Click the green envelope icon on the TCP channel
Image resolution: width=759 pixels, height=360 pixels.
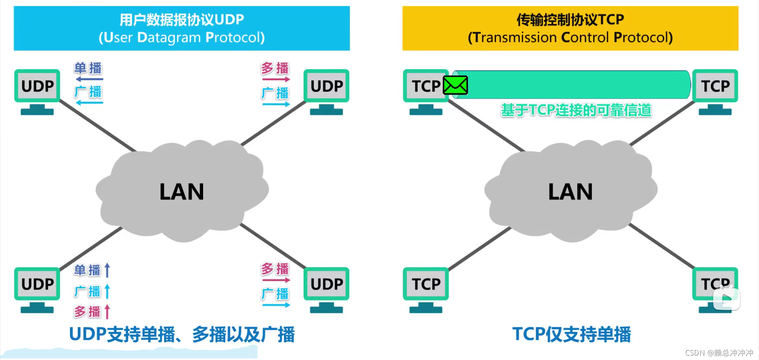tap(455, 85)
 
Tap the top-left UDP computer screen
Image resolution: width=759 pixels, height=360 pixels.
tap(37, 86)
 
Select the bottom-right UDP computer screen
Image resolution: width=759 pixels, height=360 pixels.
tap(327, 284)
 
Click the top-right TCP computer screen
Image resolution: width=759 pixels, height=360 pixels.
tap(715, 86)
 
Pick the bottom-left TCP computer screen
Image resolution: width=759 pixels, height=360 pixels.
tap(426, 284)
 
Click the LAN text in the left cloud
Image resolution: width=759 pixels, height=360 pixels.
tap(181, 192)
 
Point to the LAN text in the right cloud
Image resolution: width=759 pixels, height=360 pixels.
tap(570, 192)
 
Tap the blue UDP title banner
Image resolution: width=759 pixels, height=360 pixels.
tap(181, 28)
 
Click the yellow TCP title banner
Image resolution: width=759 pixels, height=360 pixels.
tap(570, 28)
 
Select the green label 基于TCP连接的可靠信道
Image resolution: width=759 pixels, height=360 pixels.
tap(576, 110)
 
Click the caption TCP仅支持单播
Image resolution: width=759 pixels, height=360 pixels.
tap(571, 334)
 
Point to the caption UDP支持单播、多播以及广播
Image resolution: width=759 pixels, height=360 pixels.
tap(181, 334)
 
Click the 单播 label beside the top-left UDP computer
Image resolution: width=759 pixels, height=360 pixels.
tap(88, 68)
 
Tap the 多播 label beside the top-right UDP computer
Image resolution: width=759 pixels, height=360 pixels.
tap(275, 68)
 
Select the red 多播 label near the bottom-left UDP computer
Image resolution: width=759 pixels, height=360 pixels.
tap(87, 312)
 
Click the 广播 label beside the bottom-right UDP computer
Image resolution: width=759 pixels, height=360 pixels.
tap(275, 294)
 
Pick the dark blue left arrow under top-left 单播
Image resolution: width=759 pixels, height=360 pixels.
tap(89, 79)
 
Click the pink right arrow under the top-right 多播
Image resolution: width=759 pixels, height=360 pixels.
tap(276, 79)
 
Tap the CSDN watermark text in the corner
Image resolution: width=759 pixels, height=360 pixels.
tap(719, 353)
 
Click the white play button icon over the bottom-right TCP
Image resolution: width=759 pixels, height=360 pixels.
tap(726, 299)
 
